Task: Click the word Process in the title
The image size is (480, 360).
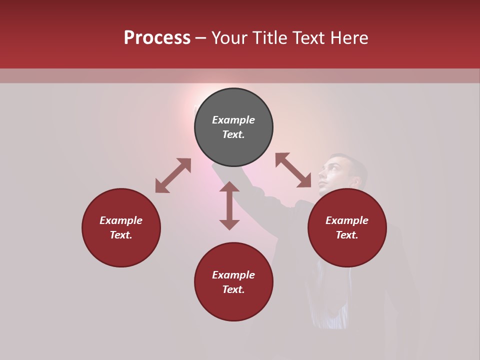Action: click(157, 38)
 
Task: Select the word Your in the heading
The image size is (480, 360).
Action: click(227, 38)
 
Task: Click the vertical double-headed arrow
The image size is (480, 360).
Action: click(229, 205)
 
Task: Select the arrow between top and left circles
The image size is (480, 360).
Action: click(173, 175)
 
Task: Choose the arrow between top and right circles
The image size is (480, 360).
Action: click(293, 170)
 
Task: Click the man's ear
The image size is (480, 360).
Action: click(355, 181)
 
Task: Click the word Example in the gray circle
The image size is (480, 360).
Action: click(233, 120)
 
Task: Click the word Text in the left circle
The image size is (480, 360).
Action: click(121, 235)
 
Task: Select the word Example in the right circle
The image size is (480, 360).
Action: click(347, 220)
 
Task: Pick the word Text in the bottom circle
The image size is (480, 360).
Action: click(233, 289)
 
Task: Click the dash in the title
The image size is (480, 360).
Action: click(201, 38)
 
